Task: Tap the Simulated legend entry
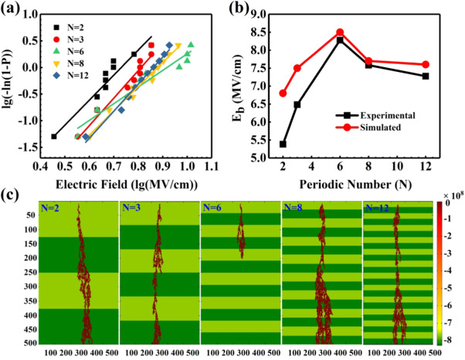(x=386, y=127)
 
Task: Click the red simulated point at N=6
(x=340, y=32)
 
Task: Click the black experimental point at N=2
(x=283, y=144)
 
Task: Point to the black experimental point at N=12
(x=426, y=76)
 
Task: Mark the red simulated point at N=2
(x=283, y=93)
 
